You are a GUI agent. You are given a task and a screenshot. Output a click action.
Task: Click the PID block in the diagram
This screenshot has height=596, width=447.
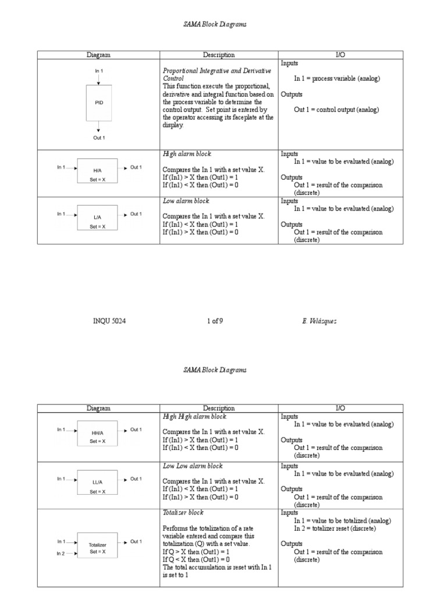99,102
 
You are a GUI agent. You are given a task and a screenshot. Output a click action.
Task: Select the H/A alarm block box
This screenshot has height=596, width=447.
97,171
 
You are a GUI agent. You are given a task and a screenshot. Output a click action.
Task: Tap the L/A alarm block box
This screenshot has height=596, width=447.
97,217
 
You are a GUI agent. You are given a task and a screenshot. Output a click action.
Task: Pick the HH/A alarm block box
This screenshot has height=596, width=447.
97,433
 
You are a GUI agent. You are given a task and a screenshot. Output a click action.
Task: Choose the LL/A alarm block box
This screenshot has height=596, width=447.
97,483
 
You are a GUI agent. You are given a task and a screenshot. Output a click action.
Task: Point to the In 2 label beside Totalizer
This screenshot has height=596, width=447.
61,554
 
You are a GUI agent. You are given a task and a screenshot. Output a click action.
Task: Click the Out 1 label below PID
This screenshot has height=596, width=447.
99,138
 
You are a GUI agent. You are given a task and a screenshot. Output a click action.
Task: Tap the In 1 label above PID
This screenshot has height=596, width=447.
99,71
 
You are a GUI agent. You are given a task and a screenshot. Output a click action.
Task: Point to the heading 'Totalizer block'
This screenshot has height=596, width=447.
183,513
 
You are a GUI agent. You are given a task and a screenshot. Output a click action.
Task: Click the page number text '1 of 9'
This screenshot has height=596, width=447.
215,321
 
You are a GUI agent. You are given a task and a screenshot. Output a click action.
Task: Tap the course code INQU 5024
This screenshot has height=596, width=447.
109,321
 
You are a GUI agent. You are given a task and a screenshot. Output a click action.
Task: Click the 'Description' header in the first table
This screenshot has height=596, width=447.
219,55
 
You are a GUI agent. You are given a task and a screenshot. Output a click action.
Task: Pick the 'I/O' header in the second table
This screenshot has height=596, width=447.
340,409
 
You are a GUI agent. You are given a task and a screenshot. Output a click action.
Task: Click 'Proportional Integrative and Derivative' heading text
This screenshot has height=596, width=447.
217,70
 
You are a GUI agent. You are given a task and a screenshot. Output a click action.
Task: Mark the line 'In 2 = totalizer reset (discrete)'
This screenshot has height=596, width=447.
335,528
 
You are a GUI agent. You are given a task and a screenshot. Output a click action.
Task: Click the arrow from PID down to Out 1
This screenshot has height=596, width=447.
99,126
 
